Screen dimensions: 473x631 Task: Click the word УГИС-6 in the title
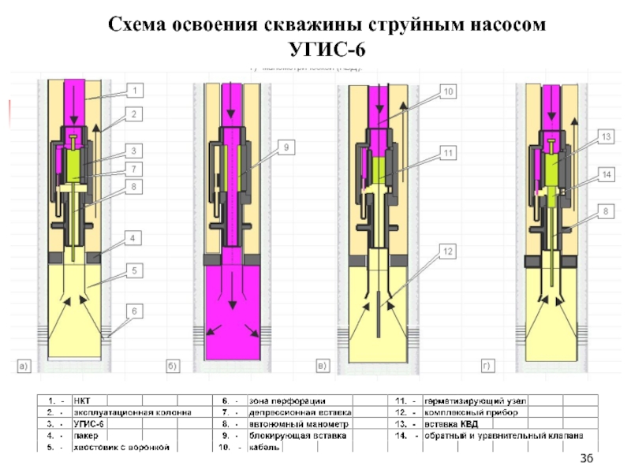pos(327,50)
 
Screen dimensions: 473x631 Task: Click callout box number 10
pos(447,92)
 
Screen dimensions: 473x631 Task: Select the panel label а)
pos(24,366)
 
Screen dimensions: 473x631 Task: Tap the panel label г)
pos(487,366)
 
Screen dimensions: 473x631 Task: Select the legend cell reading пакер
pos(87,435)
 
